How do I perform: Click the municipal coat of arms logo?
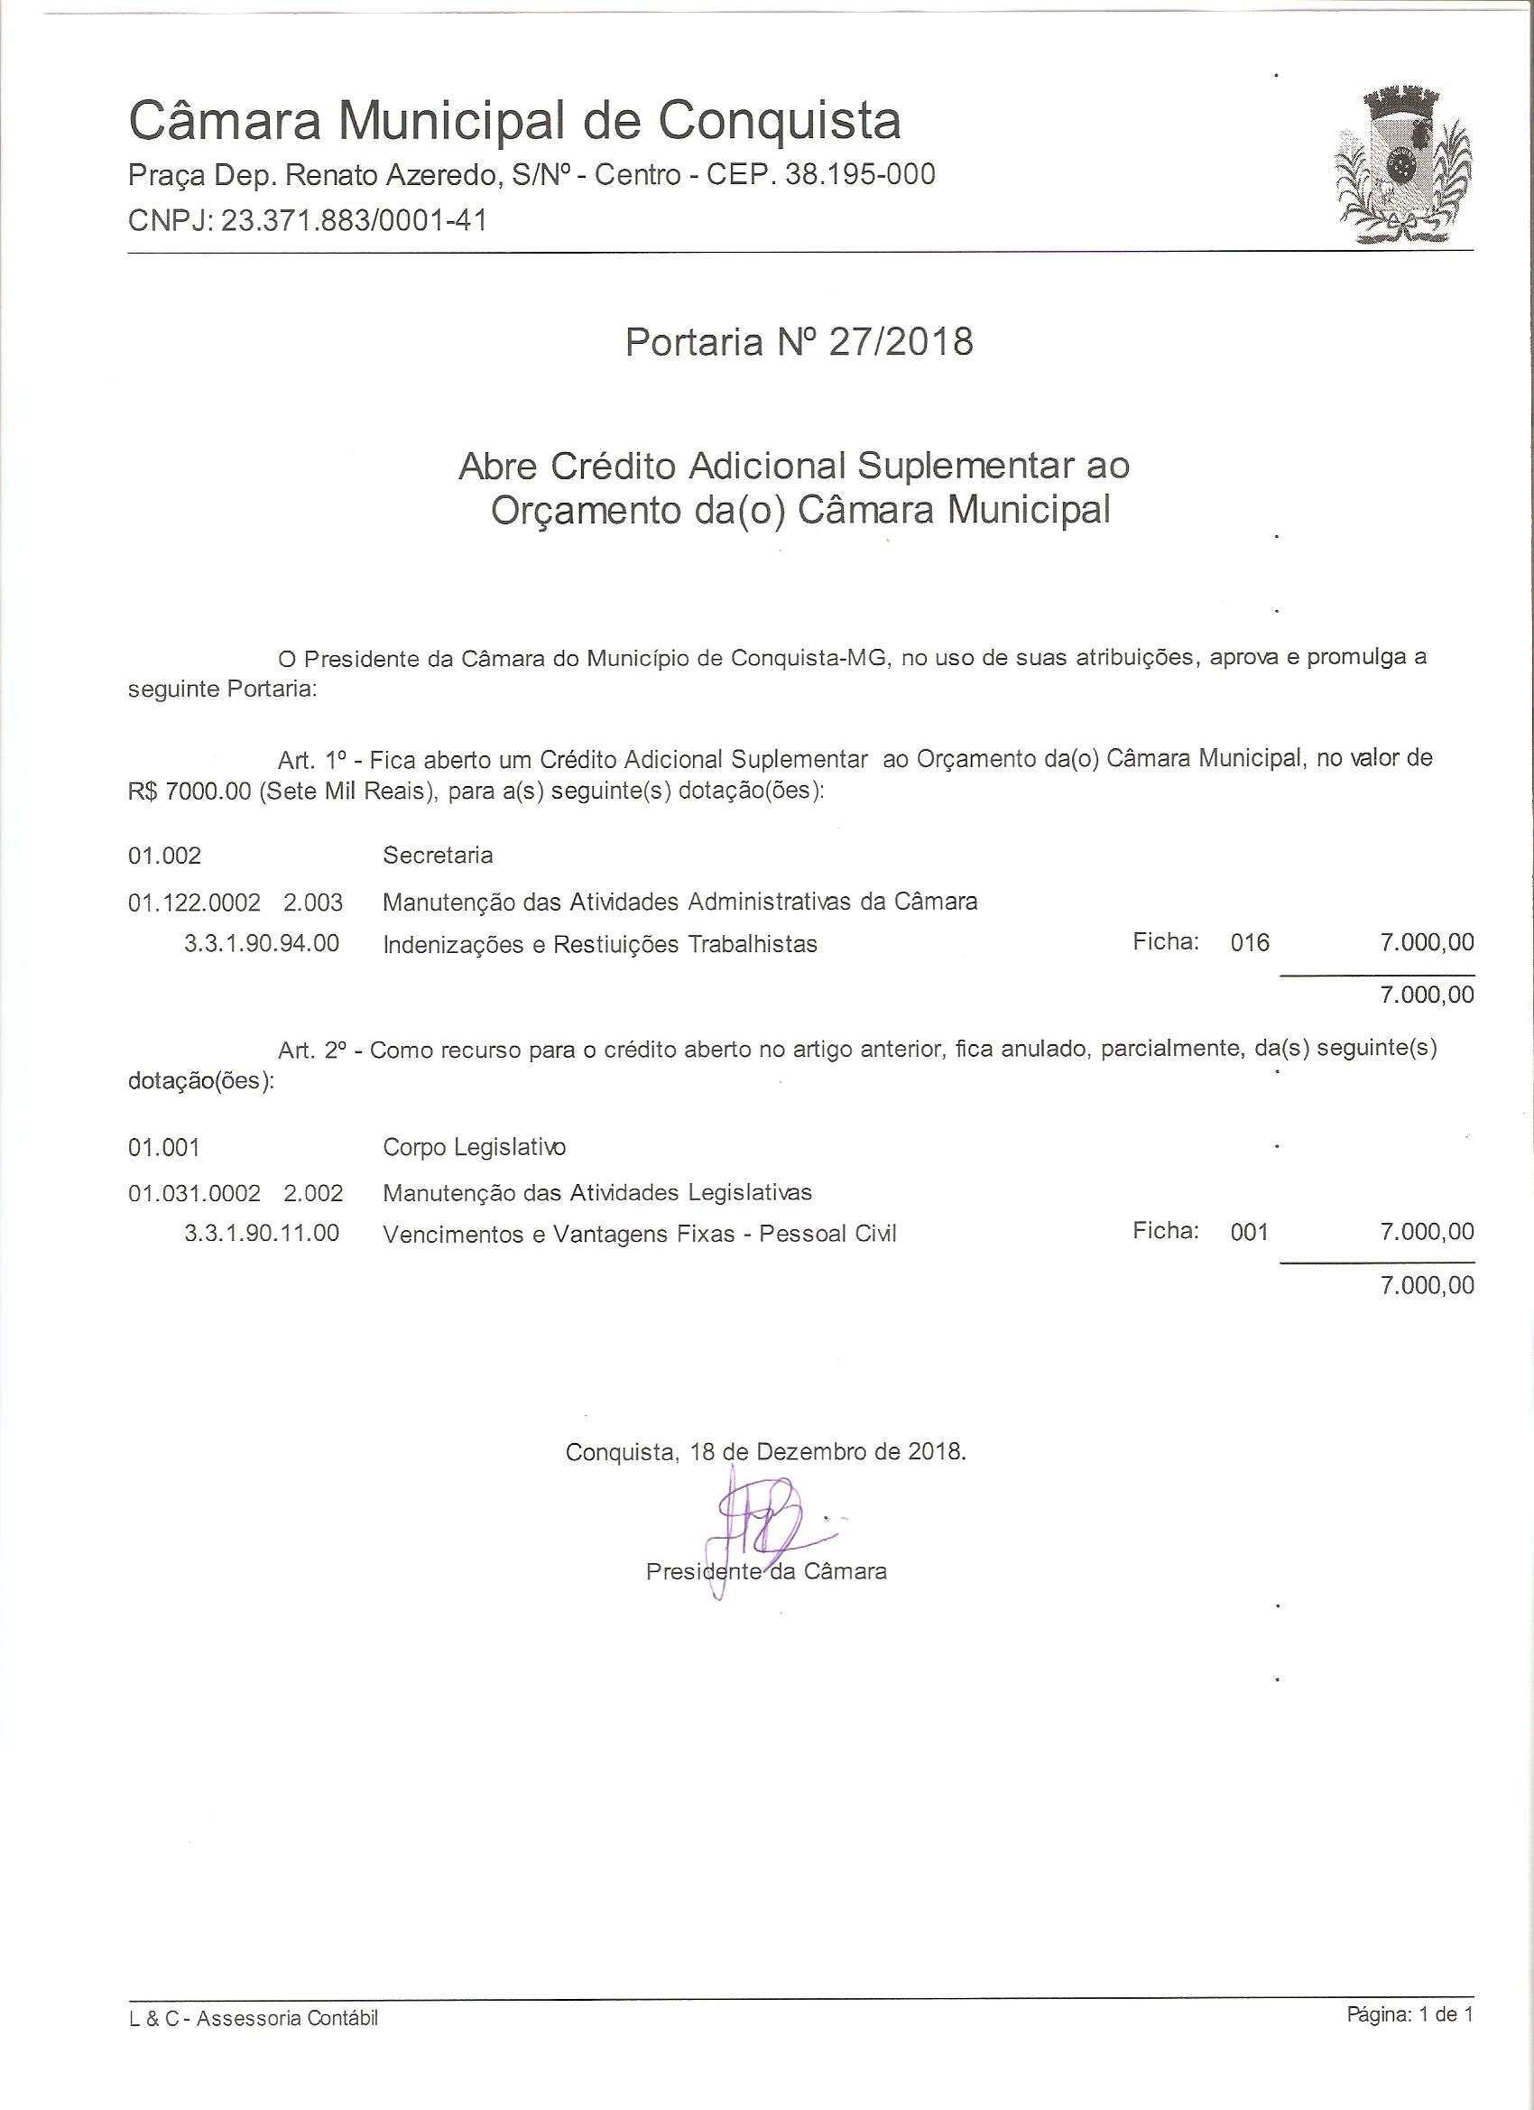pyautogui.click(x=1404, y=168)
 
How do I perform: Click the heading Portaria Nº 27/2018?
pyautogui.click(x=799, y=342)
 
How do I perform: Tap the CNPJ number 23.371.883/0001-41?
pyautogui.click(x=354, y=220)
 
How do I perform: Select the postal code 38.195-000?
pyautogui.click(x=860, y=175)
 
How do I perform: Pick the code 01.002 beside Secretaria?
pyautogui.click(x=164, y=855)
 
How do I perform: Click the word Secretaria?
pyautogui.click(x=438, y=855)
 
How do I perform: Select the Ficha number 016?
pyautogui.click(x=1250, y=942)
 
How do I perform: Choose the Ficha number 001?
pyautogui.click(x=1249, y=1232)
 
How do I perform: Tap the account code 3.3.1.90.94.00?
pyautogui.click(x=262, y=943)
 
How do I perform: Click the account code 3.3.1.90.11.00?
pyautogui.click(x=262, y=1234)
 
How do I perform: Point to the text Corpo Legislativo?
pyautogui.click(x=474, y=1147)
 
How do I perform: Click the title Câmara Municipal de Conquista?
pyautogui.click(x=514, y=121)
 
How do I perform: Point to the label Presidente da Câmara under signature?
pyautogui.click(x=765, y=1571)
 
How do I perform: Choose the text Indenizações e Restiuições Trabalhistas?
pyautogui.click(x=600, y=944)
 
